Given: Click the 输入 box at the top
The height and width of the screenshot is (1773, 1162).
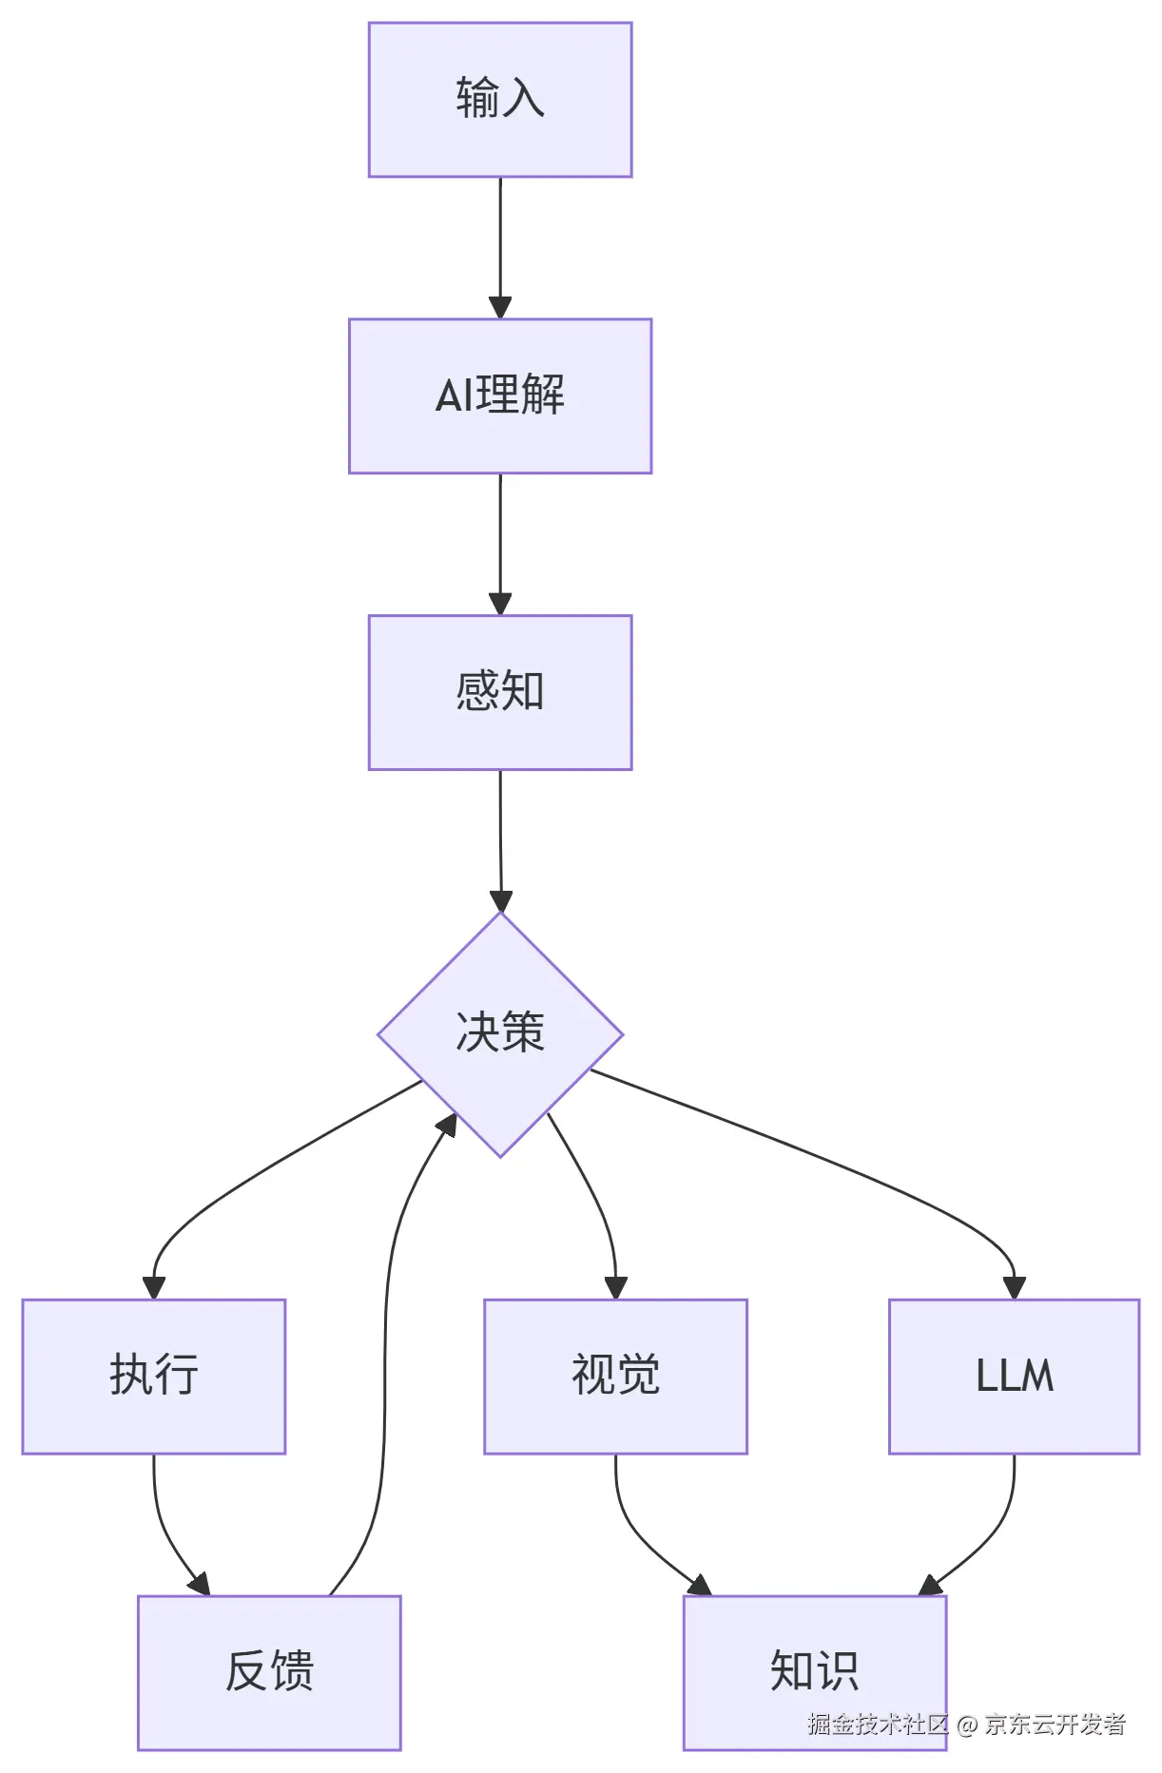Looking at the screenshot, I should (x=500, y=100).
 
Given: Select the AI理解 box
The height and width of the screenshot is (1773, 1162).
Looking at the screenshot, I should (x=500, y=395).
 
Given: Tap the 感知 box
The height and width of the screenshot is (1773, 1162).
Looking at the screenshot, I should (x=500, y=692).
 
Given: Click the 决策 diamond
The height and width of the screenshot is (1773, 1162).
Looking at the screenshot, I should (x=500, y=1033).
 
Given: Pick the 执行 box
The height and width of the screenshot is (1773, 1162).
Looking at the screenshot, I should (x=154, y=1376).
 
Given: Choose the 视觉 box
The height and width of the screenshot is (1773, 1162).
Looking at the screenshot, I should (x=615, y=1376).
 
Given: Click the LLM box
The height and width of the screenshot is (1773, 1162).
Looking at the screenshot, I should (x=1014, y=1376).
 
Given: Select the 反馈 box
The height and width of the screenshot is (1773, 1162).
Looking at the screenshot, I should (x=269, y=1671).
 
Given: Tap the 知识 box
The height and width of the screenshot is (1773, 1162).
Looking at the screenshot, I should (x=814, y=1671).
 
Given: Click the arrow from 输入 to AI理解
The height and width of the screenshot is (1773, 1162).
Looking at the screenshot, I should (x=500, y=247).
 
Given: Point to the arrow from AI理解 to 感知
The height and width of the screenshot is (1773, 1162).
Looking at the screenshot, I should (x=500, y=544).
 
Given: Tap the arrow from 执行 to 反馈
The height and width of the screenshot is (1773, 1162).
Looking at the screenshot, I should (x=165, y=1531).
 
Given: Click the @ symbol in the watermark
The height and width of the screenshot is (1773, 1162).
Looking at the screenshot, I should (x=967, y=1725).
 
